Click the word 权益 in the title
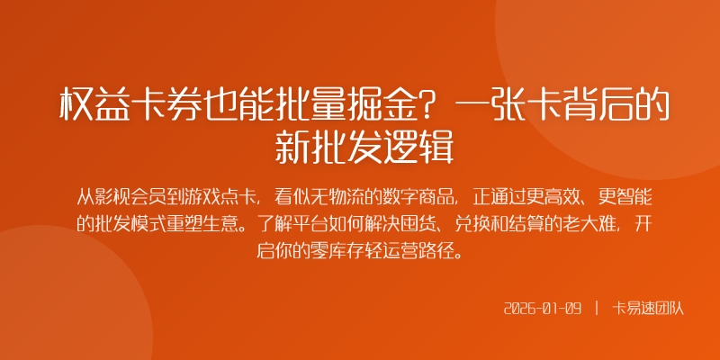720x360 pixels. point(94,107)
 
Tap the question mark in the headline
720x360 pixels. point(431,107)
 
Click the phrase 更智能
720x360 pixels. point(634,194)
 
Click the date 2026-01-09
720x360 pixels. point(543,309)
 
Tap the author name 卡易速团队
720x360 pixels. point(648,309)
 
